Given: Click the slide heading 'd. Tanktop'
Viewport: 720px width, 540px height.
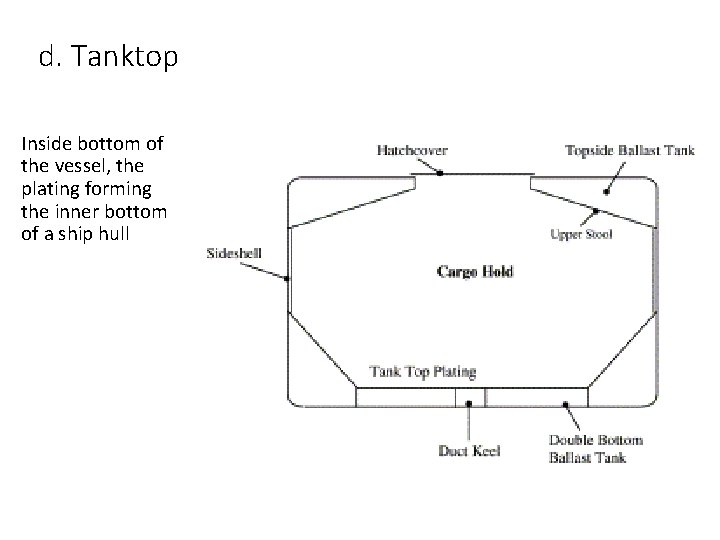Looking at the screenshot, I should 109,58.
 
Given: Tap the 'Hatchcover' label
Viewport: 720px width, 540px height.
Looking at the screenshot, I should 412,150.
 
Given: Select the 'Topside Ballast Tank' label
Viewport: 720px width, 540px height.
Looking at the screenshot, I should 629,151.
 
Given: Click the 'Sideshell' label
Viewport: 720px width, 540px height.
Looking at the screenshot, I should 234,254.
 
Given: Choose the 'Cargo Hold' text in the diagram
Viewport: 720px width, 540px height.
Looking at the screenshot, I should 475,272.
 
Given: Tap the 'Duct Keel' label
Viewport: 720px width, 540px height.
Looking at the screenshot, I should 468,450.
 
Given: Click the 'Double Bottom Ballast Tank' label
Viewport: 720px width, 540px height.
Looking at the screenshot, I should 596,448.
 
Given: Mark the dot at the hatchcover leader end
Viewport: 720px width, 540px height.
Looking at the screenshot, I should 440,173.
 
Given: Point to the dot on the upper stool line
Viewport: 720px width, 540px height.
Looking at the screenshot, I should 597,211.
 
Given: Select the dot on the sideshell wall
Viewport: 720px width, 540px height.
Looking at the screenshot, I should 288,279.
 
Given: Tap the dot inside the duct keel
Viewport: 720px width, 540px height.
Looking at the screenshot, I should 469,405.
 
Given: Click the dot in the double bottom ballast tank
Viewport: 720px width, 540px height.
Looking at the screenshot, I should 566,405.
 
